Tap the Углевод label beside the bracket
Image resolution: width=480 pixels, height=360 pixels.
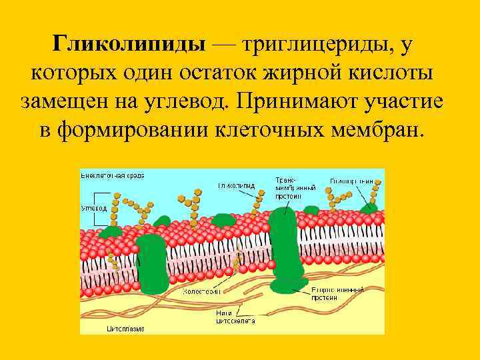point(94,207)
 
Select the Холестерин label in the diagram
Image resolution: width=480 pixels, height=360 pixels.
point(202,291)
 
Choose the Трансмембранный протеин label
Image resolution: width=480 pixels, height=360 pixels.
point(289,188)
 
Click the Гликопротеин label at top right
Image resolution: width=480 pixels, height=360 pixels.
point(355,181)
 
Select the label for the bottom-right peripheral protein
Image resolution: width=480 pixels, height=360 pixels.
point(338,294)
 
